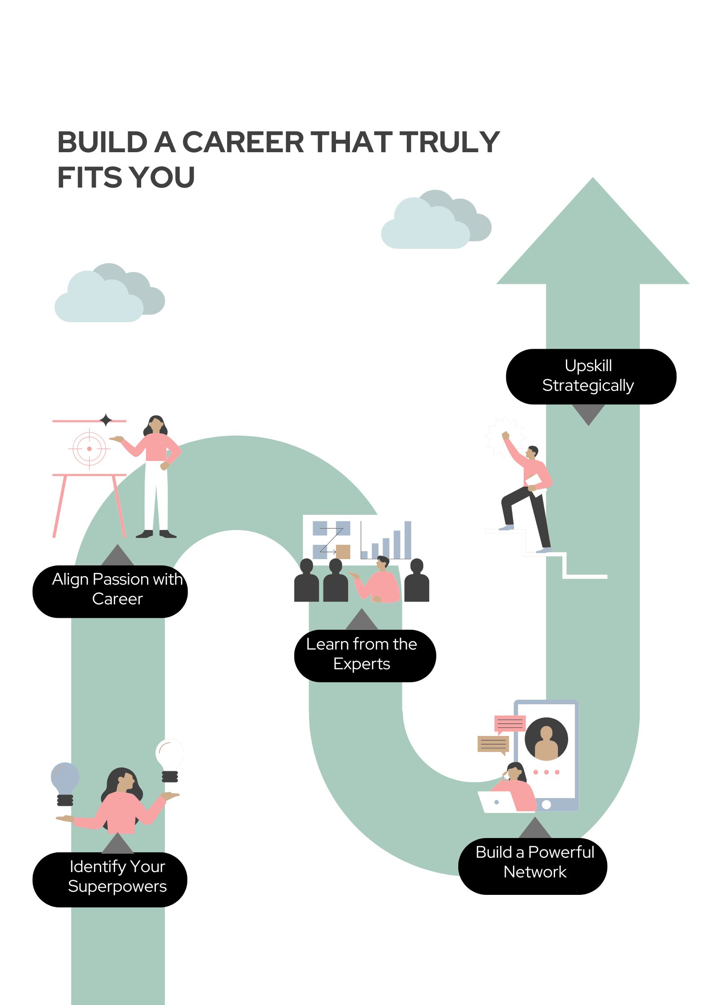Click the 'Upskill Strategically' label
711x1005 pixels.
tap(590, 376)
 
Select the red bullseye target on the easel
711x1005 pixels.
tap(90, 449)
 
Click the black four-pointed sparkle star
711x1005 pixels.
tap(106, 420)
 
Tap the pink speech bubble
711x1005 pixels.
tap(509, 723)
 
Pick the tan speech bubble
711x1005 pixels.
tap(493, 744)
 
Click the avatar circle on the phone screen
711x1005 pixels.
tap(546, 740)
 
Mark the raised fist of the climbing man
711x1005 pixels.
tap(505, 435)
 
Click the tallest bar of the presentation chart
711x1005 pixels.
tap(408, 539)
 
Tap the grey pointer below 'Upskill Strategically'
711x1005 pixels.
tap(589, 414)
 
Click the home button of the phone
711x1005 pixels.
tap(546, 804)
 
